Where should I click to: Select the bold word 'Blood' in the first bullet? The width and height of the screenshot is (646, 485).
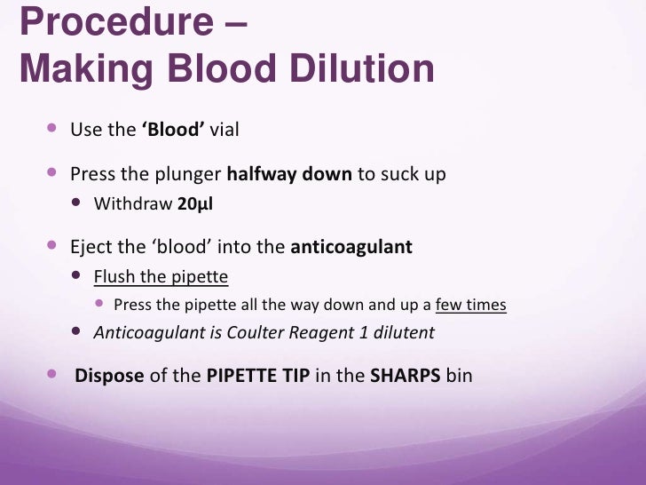(173, 130)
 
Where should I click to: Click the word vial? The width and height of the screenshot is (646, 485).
(225, 130)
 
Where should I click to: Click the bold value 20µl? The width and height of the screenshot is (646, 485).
(195, 203)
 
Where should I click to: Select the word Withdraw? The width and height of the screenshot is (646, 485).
(133, 203)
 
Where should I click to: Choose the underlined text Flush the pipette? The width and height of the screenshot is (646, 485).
(161, 277)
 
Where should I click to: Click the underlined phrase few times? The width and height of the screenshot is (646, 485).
(470, 305)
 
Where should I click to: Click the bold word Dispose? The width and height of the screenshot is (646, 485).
(109, 376)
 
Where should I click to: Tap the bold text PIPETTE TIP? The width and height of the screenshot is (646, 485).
(257, 376)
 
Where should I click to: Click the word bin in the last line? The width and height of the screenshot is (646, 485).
(460, 376)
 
